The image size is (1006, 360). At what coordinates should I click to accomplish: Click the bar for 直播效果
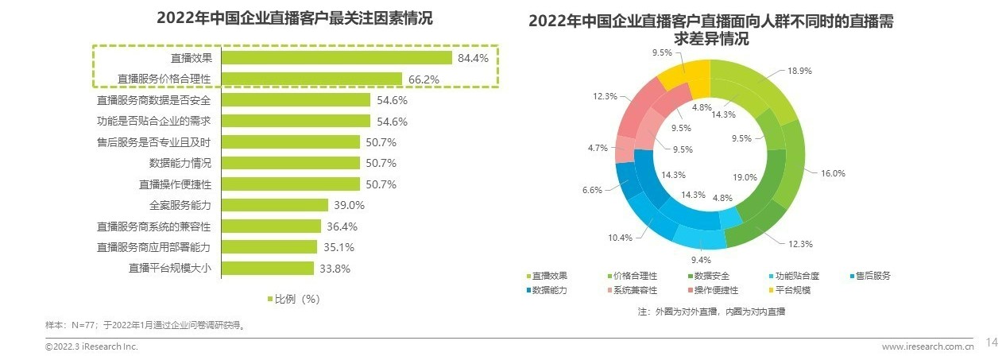click(336, 58)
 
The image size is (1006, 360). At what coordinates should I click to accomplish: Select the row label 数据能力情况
click(180, 163)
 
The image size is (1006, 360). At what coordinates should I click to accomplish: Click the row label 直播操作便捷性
click(176, 184)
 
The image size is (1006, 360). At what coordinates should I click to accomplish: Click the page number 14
click(991, 343)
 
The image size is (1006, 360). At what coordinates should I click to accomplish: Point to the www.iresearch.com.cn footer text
click(928, 346)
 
